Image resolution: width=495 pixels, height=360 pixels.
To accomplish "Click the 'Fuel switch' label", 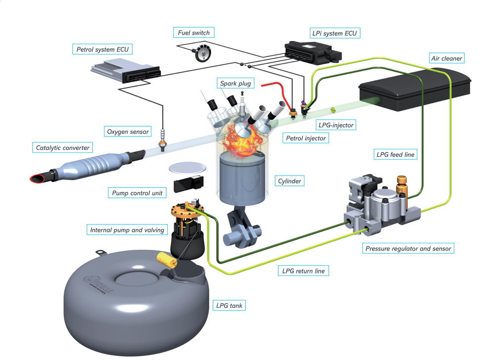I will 194,33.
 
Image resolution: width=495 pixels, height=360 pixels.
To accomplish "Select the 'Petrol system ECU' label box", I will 104,49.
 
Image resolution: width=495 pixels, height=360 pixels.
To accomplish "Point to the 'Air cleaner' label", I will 446,58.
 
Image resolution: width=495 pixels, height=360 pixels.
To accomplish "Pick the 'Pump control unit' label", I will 136,192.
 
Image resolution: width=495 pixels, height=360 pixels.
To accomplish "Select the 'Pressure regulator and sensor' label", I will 408,248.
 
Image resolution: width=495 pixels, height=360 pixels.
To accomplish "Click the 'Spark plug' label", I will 236,84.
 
